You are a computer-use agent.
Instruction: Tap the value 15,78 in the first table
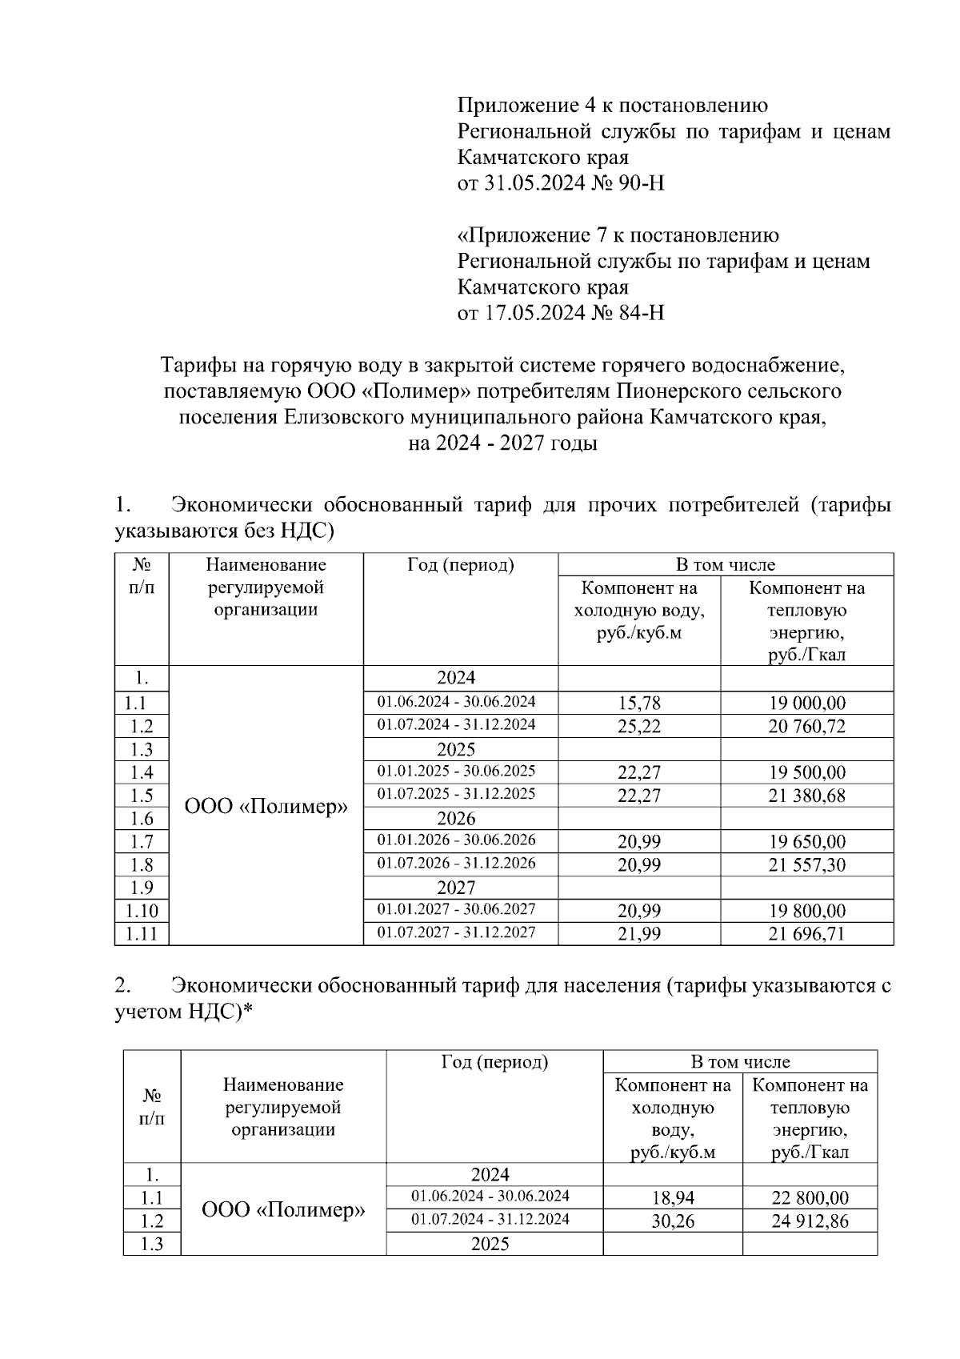pyautogui.click(x=639, y=704)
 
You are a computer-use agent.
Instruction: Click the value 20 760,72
pyautogui.click(x=806, y=727)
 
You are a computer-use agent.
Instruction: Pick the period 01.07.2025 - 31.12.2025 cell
pyautogui.click(x=456, y=794)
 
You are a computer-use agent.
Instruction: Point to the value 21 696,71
pyautogui.click(x=806, y=934)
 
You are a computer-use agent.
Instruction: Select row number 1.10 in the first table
pyautogui.click(x=142, y=911)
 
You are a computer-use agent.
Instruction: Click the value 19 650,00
pyautogui.click(x=806, y=842)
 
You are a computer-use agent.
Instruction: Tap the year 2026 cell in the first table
pyautogui.click(x=456, y=819)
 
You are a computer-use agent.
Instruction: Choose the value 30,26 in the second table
pyautogui.click(x=673, y=1221)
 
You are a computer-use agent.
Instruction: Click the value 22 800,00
pyautogui.click(x=810, y=1198)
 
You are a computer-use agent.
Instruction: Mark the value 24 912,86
pyautogui.click(x=810, y=1221)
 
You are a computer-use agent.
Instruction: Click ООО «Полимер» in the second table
pyautogui.click(x=283, y=1210)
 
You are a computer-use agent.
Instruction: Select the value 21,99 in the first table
pyautogui.click(x=639, y=934)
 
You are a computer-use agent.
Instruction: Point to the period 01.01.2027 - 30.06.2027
pyautogui.click(x=456, y=909)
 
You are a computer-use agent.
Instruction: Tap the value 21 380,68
pyautogui.click(x=806, y=796)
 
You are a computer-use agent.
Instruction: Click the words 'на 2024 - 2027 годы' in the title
pyautogui.click(x=502, y=443)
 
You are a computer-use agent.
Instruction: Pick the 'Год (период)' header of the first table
pyautogui.click(x=460, y=565)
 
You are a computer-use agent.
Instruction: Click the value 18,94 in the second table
pyautogui.click(x=673, y=1198)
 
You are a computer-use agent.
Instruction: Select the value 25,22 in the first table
pyautogui.click(x=639, y=727)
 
